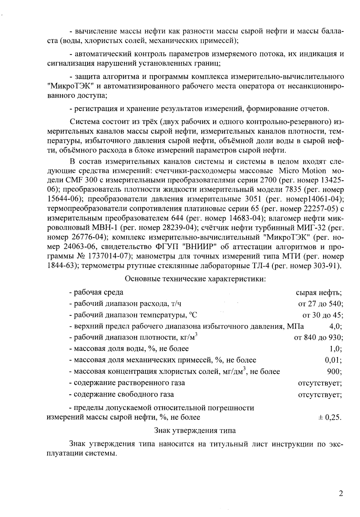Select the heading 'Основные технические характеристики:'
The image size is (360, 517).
pyautogui.click(x=196, y=279)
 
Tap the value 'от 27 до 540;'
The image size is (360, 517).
pyautogui.click(x=321, y=304)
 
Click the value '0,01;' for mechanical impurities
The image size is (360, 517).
pyautogui.click(x=333, y=360)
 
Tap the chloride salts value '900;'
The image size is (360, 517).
pyautogui.click(x=335, y=372)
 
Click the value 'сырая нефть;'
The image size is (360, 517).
pyautogui.click(x=319, y=292)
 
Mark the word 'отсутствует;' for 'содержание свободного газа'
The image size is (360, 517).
pyautogui.click(x=320, y=394)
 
